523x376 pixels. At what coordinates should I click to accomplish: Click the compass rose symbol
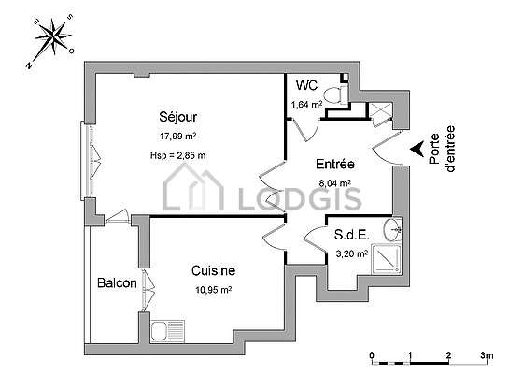tap(53, 37)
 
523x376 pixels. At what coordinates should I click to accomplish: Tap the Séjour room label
tap(177, 117)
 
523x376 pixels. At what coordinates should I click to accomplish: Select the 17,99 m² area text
tap(177, 137)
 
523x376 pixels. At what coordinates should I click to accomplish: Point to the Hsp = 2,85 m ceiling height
tap(177, 155)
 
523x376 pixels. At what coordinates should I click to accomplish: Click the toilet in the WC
tap(336, 94)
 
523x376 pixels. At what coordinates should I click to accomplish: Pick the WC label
tap(306, 85)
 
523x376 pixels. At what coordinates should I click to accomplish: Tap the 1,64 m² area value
tap(306, 105)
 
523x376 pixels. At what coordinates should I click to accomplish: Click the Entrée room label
tap(335, 164)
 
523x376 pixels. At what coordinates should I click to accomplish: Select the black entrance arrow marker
tap(417, 149)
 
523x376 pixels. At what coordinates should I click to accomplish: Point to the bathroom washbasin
tap(392, 229)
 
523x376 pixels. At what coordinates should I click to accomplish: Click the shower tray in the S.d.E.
tap(387, 259)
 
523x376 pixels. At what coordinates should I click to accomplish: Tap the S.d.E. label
tap(351, 235)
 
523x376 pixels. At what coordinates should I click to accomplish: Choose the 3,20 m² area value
tap(351, 254)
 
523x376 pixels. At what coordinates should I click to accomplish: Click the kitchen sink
tap(167, 331)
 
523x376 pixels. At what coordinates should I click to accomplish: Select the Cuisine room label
tap(214, 270)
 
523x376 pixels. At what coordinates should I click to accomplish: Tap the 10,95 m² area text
tap(214, 290)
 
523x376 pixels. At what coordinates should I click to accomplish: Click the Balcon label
tap(117, 282)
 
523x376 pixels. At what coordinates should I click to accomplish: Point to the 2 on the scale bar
tap(448, 355)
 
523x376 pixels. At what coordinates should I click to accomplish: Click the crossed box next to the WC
tap(380, 110)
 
